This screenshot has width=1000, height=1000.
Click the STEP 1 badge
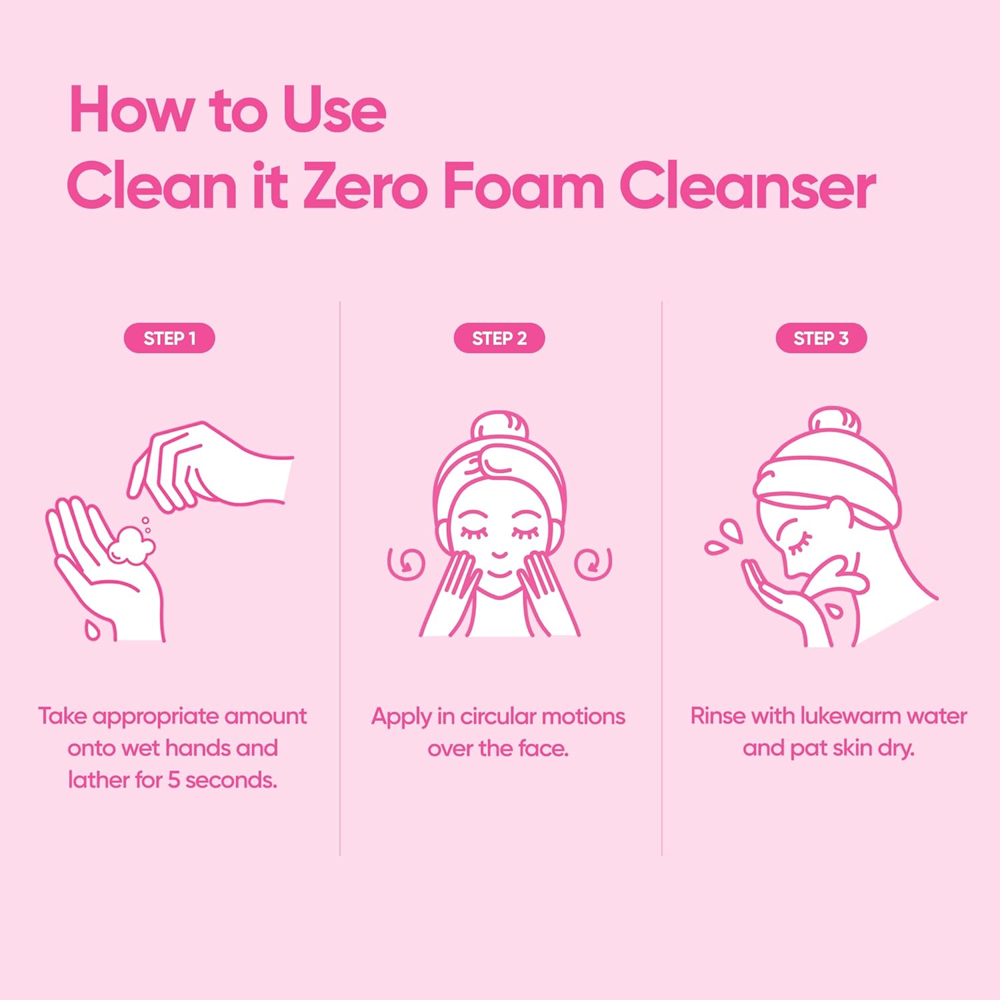pyautogui.click(x=169, y=338)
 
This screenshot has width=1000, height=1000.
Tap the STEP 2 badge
pyautogui.click(x=499, y=338)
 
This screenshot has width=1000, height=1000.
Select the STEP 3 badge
pyautogui.click(x=821, y=338)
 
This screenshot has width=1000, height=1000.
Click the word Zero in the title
pyautogui.click(x=365, y=187)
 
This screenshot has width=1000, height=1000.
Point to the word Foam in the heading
pyautogui.click(x=523, y=187)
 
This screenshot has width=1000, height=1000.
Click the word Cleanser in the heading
pyautogui.click(x=747, y=187)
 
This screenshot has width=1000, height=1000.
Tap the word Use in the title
pyautogui.click(x=333, y=110)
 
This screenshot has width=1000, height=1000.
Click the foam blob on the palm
pyautogui.click(x=131, y=545)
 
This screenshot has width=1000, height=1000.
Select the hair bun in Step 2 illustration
pyautogui.click(x=500, y=427)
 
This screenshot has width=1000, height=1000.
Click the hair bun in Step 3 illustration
pyautogui.click(x=834, y=421)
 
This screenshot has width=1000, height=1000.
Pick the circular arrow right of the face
pyautogui.click(x=593, y=563)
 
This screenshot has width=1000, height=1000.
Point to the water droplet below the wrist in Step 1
pyautogui.click(x=92, y=629)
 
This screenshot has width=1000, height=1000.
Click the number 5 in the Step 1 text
pyautogui.click(x=173, y=779)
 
